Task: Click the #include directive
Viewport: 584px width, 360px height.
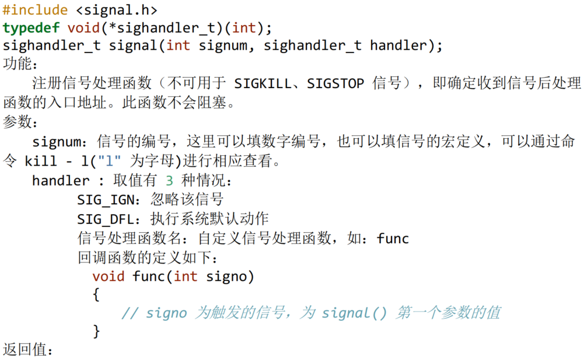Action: (x=35, y=10)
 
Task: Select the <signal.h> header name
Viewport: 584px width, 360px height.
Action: (x=117, y=10)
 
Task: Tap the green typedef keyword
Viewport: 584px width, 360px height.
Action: (x=31, y=27)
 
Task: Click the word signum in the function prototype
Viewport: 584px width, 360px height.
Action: (x=222, y=46)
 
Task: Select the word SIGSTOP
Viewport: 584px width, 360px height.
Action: (x=335, y=83)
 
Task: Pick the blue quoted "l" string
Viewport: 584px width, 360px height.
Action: (x=110, y=161)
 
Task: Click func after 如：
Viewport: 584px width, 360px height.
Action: (x=393, y=239)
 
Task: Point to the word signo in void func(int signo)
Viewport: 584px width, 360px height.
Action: (x=230, y=276)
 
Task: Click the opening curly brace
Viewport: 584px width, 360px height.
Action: (x=96, y=295)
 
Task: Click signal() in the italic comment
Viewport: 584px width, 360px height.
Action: (x=354, y=313)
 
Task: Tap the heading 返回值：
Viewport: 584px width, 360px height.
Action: (x=28, y=350)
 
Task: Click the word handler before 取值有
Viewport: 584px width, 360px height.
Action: (x=61, y=181)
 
